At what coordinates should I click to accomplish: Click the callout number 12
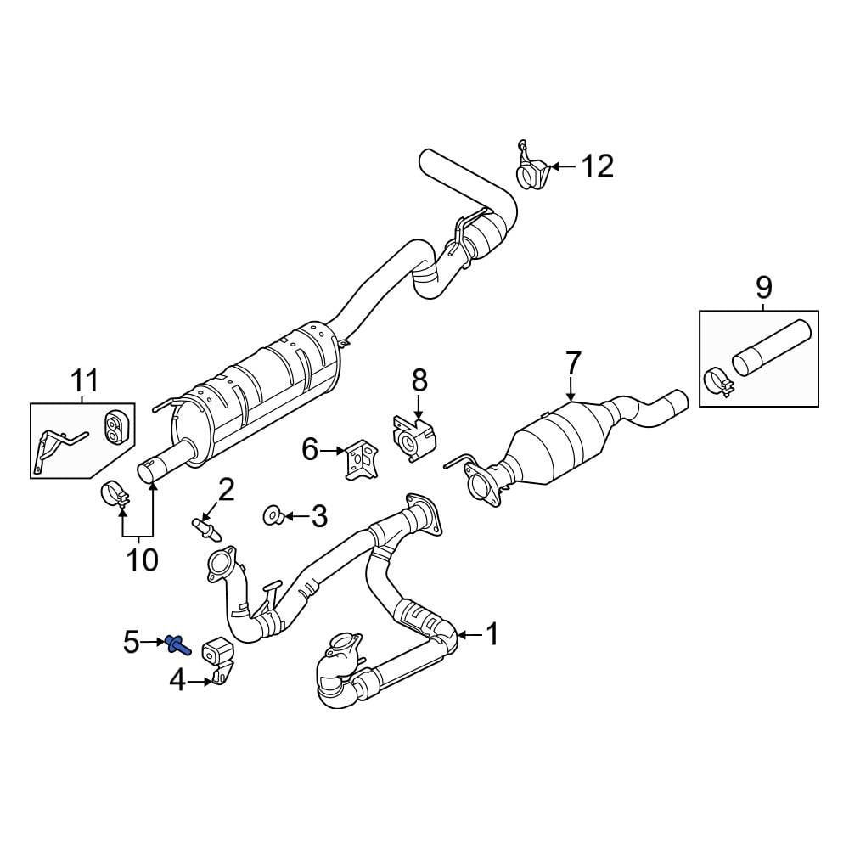597,166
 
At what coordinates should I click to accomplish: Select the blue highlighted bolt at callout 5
179,645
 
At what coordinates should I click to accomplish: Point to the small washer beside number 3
270,514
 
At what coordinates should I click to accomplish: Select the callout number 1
492,633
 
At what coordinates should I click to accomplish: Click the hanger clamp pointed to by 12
532,172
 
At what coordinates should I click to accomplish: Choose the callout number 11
84,381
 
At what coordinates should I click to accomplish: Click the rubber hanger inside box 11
112,427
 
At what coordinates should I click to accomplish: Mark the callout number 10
143,559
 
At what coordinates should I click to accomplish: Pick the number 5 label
131,642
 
